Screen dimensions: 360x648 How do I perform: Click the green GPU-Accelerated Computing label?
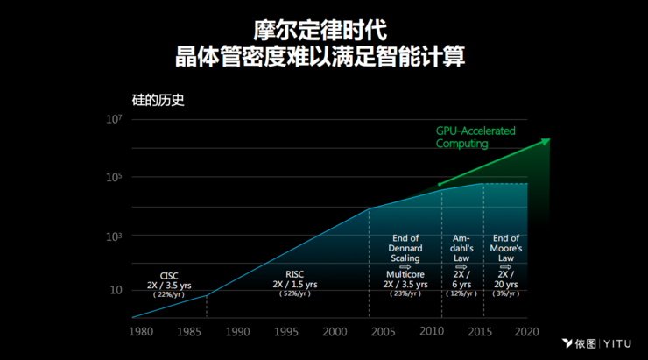(x=475, y=137)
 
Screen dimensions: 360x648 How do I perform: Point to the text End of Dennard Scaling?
(x=405, y=248)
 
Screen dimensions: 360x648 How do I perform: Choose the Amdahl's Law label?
(x=462, y=248)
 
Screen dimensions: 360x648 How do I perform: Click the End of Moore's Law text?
(x=506, y=248)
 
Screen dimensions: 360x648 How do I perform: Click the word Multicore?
(x=405, y=274)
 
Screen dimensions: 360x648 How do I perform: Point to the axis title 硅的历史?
(x=152, y=100)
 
